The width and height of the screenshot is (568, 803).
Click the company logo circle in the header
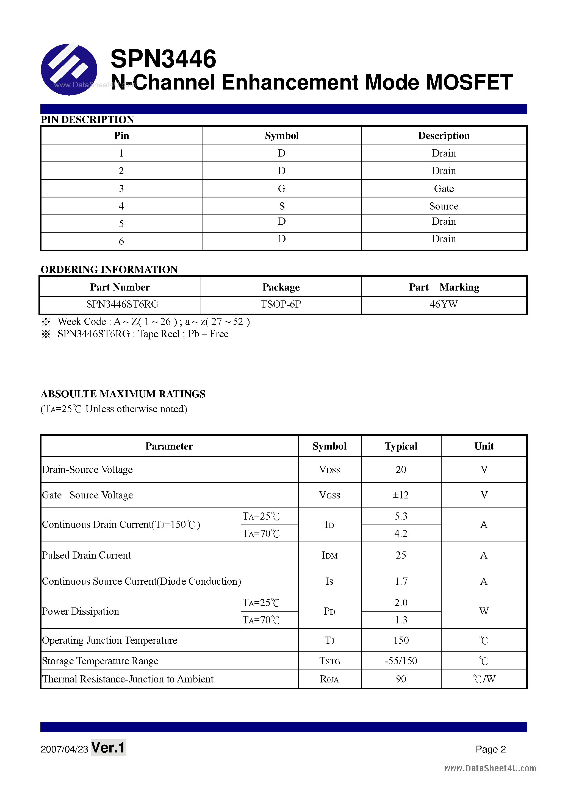69,69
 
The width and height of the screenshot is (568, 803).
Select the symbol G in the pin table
281,188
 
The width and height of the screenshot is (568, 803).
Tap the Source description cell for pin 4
444,206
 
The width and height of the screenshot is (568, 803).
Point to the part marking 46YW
444,304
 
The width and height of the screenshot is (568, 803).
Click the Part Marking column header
444,287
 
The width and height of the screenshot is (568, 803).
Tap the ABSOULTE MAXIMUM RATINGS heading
123,394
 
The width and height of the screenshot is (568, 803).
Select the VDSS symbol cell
329,470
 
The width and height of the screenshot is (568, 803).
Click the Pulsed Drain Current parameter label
87,555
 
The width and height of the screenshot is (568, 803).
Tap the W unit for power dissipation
484,611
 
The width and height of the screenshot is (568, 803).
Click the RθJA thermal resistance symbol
329,679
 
